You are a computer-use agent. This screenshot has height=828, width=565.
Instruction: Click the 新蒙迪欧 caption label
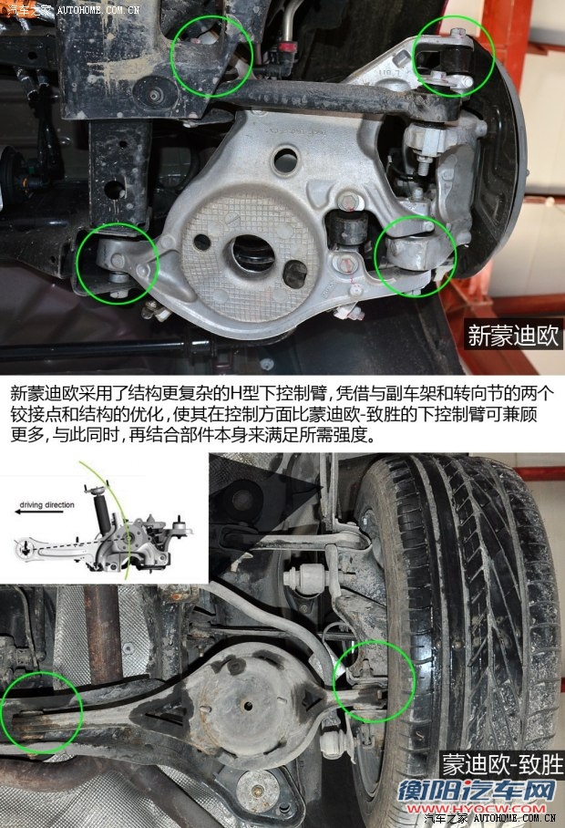click(513, 335)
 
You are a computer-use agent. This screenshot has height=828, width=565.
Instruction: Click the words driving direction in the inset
click(47, 505)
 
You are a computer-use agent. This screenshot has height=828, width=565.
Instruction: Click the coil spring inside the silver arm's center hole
click(252, 253)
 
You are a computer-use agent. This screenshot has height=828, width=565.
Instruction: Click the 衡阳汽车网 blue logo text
click(477, 791)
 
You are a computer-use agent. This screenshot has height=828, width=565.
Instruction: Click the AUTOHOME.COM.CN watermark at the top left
click(98, 9)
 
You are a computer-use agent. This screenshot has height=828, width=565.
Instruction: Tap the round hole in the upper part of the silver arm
click(285, 160)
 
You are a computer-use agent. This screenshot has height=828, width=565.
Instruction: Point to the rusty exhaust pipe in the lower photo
click(103, 634)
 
